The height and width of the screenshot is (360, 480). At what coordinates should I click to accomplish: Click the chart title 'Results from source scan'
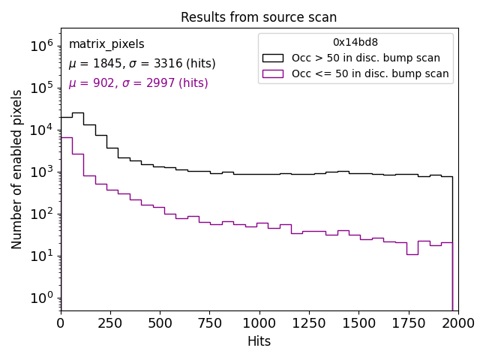click(x=259, y=17)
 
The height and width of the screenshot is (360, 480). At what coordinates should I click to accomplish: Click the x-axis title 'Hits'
click(x=259, y=342)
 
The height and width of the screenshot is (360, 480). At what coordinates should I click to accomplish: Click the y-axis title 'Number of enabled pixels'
click(x=17, y=169)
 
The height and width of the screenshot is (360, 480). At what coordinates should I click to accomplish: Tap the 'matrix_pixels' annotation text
click(x=106, y=44)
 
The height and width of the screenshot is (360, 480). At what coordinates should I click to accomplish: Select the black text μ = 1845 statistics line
click(x=142, y=64)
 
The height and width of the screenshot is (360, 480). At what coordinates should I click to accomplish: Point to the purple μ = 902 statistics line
click(x=138, y=83)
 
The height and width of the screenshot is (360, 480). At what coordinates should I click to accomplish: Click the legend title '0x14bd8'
click(x=355, y=43)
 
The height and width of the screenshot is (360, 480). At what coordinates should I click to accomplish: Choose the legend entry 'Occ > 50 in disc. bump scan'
click(x=366, y=58)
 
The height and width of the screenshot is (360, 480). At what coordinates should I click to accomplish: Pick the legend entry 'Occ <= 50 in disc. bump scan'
click(x=370, y=73)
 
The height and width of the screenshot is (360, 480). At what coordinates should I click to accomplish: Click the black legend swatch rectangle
click(x=273, y=58)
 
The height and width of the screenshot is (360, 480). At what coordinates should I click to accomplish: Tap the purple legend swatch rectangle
click(x=273, y=73)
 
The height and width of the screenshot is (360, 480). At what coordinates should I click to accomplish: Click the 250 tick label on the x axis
click(x=110, y=323)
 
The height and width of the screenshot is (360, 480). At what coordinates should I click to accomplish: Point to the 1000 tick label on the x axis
click(x=259, y=323)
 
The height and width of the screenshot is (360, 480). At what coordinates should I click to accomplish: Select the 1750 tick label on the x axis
click(x=408, y=323)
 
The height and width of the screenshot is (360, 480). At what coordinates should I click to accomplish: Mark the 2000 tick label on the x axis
click(x=457, y=323)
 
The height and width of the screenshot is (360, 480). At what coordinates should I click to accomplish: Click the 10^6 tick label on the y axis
click(x=42, y=46)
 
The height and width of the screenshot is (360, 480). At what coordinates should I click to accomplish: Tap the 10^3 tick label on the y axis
click(x=42, y=172)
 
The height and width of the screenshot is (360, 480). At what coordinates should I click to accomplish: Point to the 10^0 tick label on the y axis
click(x=42, y=298)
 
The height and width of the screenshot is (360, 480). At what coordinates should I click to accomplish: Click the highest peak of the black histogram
click(x=78, y=113)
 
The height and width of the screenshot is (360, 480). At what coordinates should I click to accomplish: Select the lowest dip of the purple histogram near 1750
click(x=412, y=254)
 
